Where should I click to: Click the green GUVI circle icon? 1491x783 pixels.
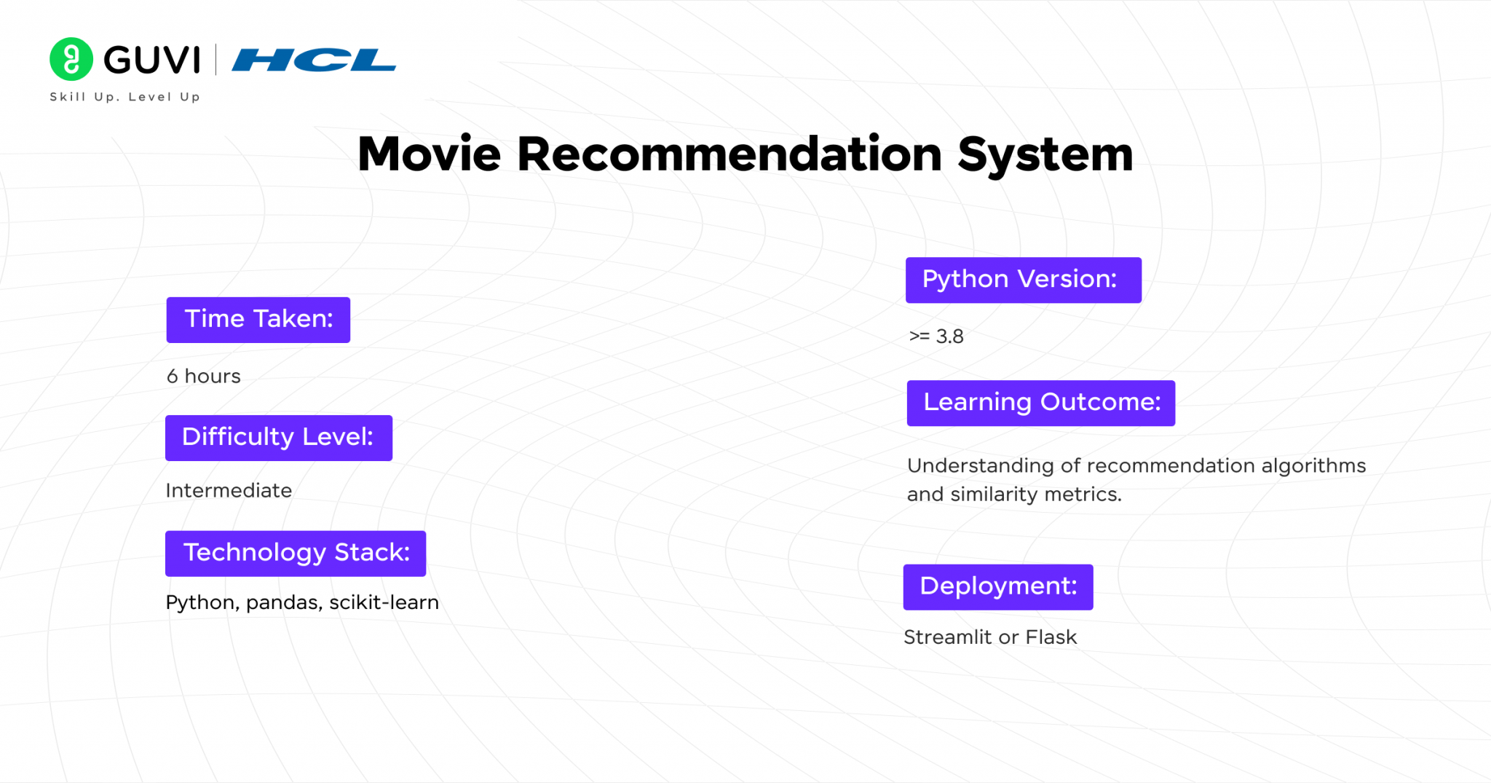[71, 59]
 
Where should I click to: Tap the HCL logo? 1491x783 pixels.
[314, 60]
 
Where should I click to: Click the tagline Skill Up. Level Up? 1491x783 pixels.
[124, 97]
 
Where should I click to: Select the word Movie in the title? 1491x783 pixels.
[429, 154]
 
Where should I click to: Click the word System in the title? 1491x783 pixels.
[1045, 154]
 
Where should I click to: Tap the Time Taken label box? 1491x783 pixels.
[258, 320]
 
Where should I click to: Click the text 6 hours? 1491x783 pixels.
[203, 376]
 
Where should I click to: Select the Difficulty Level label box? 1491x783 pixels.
[278, 438]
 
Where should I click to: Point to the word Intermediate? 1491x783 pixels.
[229, 490]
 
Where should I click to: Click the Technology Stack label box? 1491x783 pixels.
[296, 554]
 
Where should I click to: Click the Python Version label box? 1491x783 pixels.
[1023, 280]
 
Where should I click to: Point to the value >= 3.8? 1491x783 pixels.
[936, 337]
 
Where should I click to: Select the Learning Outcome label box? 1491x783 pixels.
[1040, 403]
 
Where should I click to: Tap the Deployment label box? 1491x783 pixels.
[997, 587]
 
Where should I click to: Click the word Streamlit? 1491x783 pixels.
[947, 637]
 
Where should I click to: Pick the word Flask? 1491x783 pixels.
[1051, 637]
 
